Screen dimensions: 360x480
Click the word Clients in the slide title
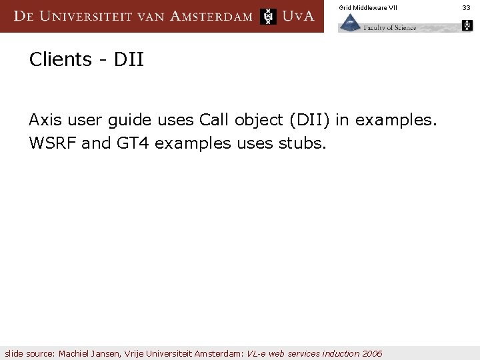[61, 60]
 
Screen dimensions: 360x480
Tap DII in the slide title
[129, 60]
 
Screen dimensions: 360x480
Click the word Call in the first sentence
[213, 120]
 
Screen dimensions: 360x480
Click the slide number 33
[466, 7]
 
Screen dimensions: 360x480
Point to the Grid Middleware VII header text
[367, 7]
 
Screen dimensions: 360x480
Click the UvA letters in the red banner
[298, 16]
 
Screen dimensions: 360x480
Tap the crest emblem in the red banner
[268, 16]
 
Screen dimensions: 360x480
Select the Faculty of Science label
[390, 27]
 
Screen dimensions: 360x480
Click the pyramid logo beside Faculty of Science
[350, 24]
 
